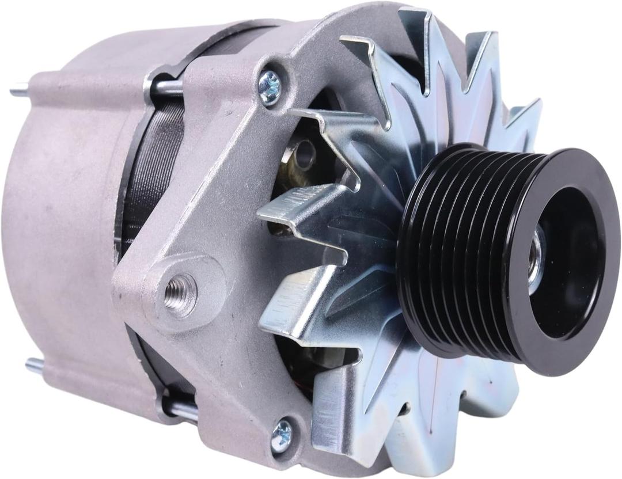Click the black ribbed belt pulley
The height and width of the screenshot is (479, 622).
pyautogui.click(x=472, y=253)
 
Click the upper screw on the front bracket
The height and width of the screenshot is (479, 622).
pyautogui.click(x=270, y=88)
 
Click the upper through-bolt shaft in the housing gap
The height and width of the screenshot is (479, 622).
pyautogui.click(x=167, y=86)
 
